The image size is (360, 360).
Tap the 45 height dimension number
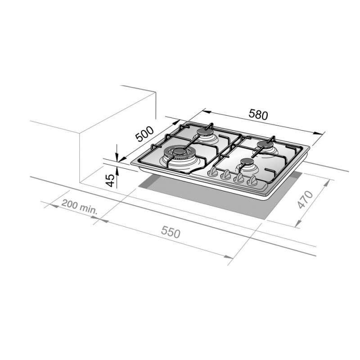(110, 180)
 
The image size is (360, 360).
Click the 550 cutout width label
(171, 233)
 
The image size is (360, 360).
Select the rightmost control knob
(253, 181)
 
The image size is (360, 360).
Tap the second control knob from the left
(226, 175)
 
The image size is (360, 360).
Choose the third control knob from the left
(240, 178)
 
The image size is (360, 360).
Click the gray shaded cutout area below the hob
(202, 198)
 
